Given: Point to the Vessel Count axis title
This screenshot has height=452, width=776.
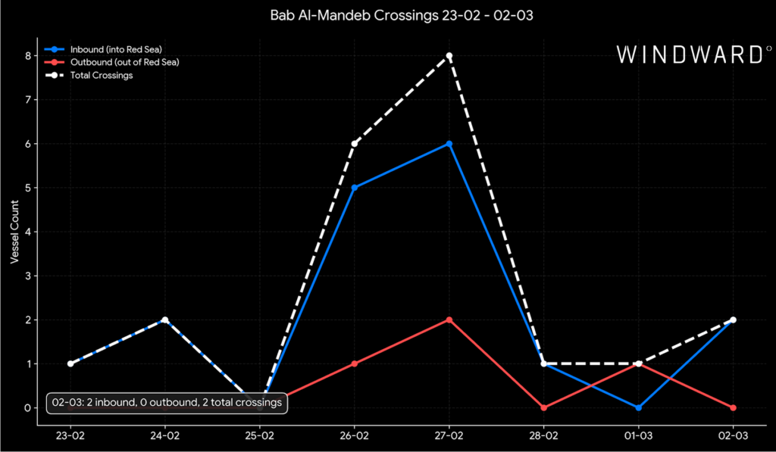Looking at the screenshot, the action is tap(14, 232).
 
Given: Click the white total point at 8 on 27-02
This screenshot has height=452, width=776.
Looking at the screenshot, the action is tap(449, 56).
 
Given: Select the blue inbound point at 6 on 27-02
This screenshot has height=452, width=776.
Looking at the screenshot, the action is tap(449, 144).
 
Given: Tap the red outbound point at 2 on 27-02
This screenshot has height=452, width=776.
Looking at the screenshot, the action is tap(449, 320).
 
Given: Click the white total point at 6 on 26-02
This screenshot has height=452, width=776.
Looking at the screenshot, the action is tap(355, 144).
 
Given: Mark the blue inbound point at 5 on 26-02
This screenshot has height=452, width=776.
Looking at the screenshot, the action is tap(355, 188).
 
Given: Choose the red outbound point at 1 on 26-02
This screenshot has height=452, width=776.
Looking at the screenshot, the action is tap(355, 363).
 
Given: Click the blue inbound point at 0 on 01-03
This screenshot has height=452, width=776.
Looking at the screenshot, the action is tap(639, 407).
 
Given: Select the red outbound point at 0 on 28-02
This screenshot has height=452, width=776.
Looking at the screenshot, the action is tap(544, 407).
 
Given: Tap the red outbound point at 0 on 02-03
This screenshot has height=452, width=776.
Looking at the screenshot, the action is tap(734, 407).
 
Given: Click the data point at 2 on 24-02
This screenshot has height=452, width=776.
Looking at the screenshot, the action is tap(164, 320).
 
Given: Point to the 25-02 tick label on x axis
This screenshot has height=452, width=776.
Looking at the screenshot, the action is tap(260, 436).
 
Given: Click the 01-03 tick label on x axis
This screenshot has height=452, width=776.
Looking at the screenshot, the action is tap(639, 436).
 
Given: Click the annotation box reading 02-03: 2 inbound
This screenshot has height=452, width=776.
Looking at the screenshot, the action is tap(167, 403).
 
